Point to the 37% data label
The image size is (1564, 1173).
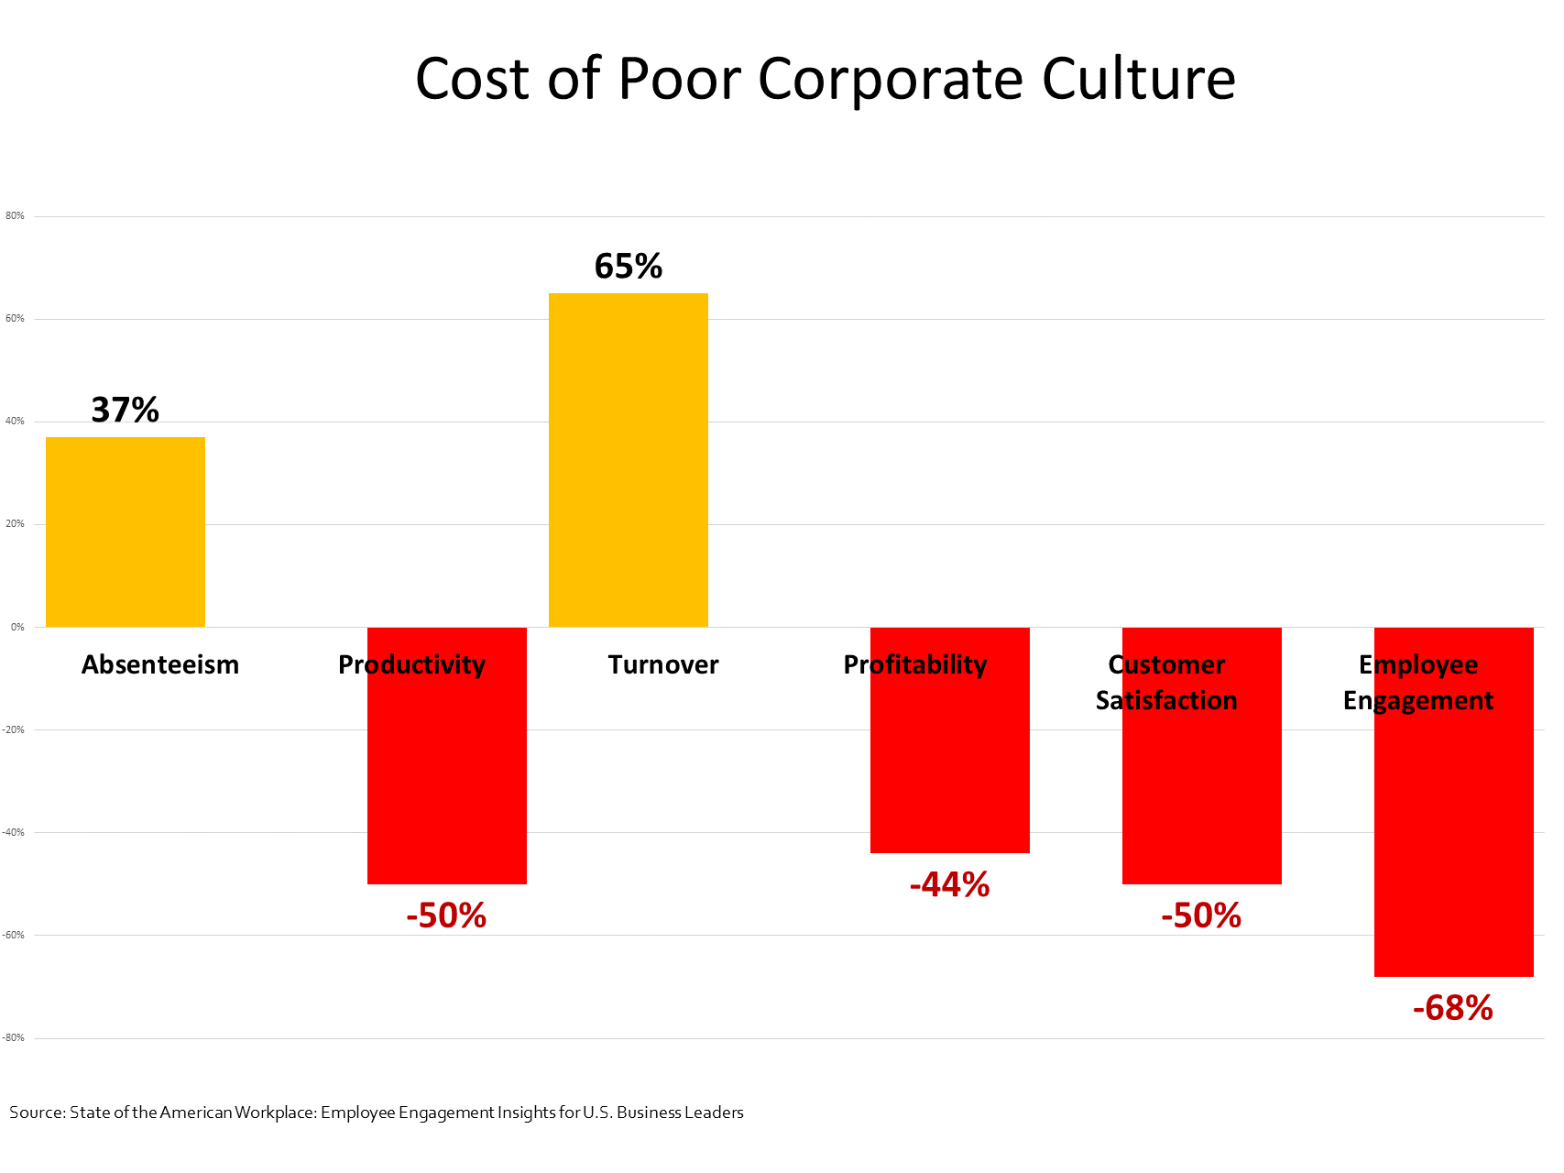[x=126, y=410]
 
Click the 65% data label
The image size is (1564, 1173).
[x=629, y=267]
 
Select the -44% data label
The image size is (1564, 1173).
[x=950, y=884]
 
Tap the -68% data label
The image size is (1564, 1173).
[x=1453, y=1008]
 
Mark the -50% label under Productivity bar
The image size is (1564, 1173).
[x=447, y=915]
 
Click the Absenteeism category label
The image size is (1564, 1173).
[x=160, y=664]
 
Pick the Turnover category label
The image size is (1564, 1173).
[x=663, y=664]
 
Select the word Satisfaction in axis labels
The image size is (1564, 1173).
[x=1166, y=700]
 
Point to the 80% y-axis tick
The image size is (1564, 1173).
[x=15, y=216]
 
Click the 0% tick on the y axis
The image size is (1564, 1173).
[x=17, y=628]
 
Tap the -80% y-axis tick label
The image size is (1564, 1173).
[x=13, y=1038]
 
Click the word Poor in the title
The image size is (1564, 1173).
[x=679, y=79]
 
